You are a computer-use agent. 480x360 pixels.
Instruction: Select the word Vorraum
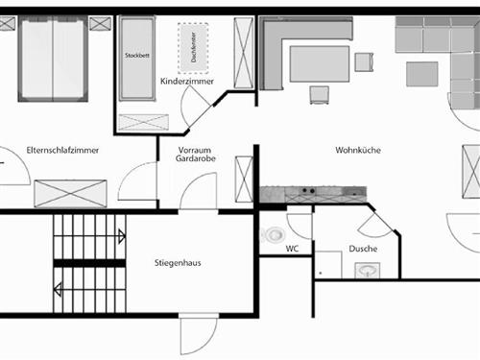tap(193, 151)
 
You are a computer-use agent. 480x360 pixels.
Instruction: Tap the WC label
tap(292, 249)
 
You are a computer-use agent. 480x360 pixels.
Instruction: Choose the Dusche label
tap(363, 249)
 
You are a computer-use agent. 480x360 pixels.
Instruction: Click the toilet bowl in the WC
tap(276, 234)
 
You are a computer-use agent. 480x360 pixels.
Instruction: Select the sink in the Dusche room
tap(366, 271)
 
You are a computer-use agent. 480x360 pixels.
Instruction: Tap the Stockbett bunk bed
tap(137, 58)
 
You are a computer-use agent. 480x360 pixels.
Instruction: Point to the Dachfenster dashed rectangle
tap(193, 44)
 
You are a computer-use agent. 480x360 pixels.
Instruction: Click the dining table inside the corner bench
tap(318, 64)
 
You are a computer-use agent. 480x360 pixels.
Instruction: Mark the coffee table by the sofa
tap(420, 74)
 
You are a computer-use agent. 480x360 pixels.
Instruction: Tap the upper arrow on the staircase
tap(121, 236)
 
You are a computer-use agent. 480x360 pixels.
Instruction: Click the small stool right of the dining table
tap(363, 62)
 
